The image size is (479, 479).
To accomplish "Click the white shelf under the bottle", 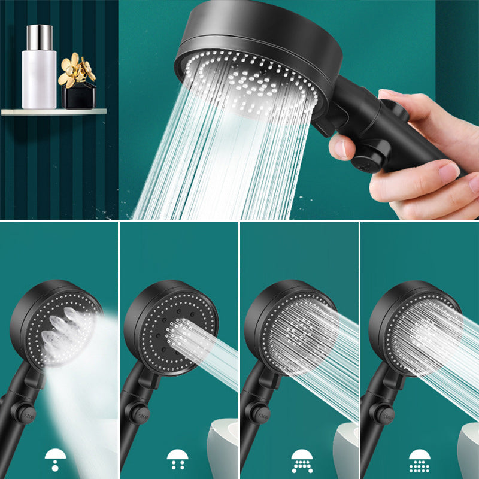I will coord(54,111).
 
